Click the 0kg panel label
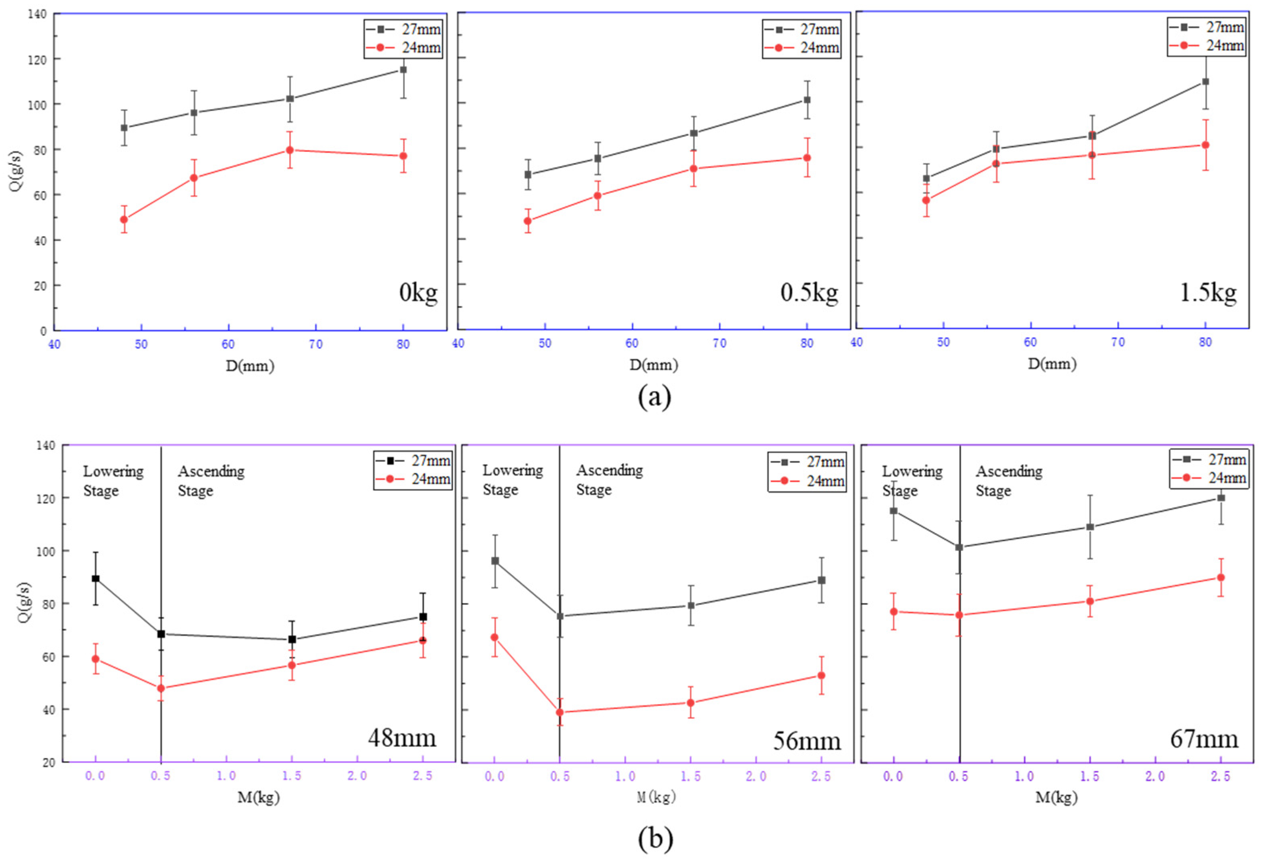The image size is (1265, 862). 418,293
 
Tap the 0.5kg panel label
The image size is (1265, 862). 809,293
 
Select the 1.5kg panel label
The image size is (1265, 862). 1208,293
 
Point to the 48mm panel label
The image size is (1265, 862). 402,739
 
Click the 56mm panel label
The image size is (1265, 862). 807,741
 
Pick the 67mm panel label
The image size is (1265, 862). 1204,739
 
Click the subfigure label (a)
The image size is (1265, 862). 654,397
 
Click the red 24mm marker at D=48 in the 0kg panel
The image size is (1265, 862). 124,219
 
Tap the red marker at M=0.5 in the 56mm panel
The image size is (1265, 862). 559,712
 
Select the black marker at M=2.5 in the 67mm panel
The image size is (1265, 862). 1221,498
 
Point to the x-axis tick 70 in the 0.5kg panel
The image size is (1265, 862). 720,344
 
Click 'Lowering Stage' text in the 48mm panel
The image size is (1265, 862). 113,481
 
